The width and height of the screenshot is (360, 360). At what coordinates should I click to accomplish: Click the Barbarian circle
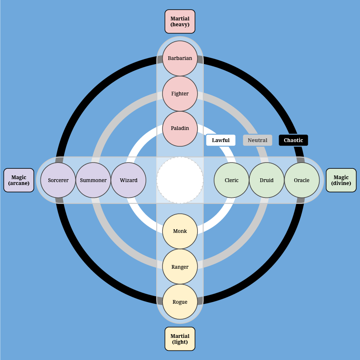click(180, 58)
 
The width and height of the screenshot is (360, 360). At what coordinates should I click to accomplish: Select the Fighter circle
click(180, 94)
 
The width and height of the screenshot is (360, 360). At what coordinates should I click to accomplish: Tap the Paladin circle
click(180, 129)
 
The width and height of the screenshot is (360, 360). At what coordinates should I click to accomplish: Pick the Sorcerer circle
click(58, 180)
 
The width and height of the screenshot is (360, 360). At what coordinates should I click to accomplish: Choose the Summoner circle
click(93, 180)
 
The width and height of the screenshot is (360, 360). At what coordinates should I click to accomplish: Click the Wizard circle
click(128, 180)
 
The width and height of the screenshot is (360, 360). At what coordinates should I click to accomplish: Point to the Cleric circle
click(232, 180)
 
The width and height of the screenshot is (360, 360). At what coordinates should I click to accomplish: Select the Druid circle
click(267, 180)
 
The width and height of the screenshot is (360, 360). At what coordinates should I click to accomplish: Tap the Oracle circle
click(302, 180)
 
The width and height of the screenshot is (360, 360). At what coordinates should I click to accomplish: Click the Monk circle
click(180, 231)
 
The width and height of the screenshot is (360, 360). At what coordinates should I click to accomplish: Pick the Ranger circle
click(180, 267)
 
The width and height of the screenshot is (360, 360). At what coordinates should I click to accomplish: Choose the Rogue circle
click(180, 302)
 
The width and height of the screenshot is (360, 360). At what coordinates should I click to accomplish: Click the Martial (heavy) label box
click(180, 22)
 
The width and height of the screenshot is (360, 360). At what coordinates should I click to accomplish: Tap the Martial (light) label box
click(180, 339)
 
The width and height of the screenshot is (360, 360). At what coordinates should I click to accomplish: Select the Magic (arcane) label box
click(19, 180)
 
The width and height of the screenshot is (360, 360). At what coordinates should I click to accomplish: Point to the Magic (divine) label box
click(341, 180)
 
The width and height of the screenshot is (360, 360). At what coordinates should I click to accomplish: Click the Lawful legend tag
click(221, 140)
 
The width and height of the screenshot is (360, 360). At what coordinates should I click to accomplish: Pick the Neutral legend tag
click(257, 140)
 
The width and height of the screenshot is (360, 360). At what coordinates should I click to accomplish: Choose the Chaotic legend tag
click(293, 140)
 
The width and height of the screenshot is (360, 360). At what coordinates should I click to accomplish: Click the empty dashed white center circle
click(180, 180)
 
